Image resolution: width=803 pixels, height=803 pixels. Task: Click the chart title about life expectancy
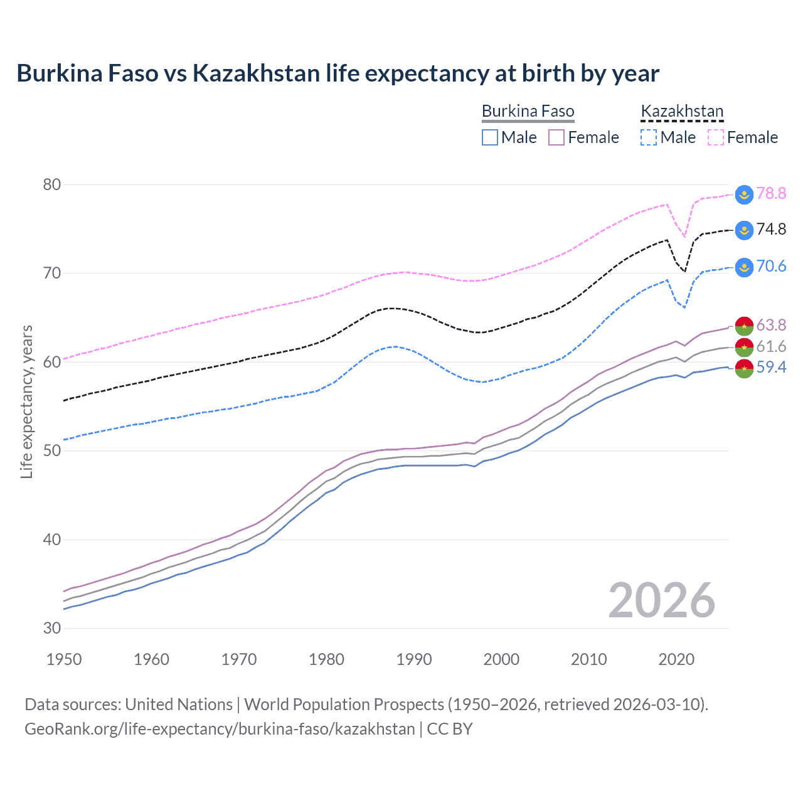338,73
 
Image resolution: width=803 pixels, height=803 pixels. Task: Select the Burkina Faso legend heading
528,112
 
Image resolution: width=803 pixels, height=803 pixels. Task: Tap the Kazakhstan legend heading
682,112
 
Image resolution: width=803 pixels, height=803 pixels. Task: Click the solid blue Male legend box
490,137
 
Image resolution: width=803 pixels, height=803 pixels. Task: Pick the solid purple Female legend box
556,137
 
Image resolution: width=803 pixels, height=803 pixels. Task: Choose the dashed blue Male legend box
649,137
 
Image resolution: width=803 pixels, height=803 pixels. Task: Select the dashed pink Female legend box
716,137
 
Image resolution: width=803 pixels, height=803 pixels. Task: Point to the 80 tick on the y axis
52,184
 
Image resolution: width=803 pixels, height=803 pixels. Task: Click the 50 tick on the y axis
52,450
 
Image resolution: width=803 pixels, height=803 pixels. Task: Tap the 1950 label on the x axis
64,659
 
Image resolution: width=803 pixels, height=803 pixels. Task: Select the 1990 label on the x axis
414,659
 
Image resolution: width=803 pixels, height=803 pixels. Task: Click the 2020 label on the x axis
676,659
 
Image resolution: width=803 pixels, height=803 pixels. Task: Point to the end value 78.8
771,194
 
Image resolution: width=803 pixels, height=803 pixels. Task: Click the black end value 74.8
771,230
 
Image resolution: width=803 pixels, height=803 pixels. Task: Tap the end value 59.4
771,368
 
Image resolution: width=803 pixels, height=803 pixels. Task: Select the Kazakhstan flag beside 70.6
744,267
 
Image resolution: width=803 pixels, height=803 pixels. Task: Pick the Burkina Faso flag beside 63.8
744,326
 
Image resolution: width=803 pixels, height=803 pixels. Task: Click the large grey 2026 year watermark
662,600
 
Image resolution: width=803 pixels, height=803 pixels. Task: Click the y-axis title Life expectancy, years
27,401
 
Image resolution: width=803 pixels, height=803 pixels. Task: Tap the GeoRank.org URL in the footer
220,729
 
